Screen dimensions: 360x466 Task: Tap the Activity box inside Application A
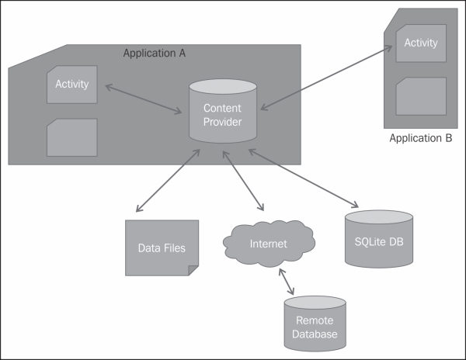[x=71, y=85]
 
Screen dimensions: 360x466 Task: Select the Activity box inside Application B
[x=420, y=43]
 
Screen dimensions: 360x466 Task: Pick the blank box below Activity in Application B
[x=420, y=96]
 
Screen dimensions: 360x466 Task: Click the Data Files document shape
[x=162, y=247]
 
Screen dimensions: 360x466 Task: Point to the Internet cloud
[x=268, y=244]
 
